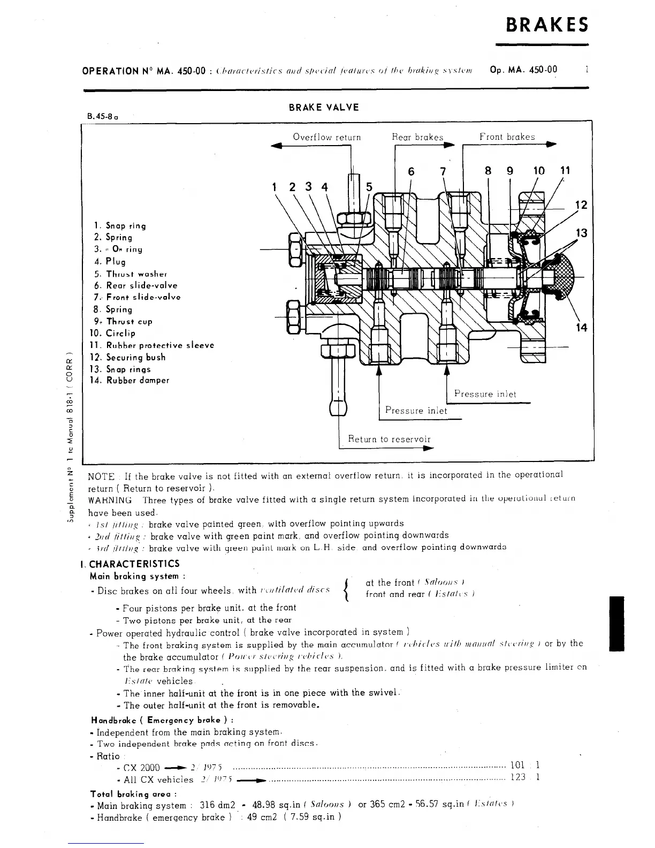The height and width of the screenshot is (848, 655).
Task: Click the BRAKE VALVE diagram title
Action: pos(324,107)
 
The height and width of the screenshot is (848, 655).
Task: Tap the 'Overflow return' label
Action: pos(326,137)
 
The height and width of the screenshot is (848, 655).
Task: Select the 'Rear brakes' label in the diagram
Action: pos(417,137)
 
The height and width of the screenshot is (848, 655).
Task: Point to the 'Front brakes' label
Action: pos(507,137)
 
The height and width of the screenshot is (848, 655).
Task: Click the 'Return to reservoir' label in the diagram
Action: pos(389,439)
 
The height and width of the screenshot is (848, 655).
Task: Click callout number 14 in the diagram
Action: pos(581,327)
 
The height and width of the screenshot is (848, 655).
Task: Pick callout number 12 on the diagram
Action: pos(581,205)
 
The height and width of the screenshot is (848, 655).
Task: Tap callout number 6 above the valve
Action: pos(411,171)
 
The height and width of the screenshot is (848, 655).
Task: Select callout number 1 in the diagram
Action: pos(275,187)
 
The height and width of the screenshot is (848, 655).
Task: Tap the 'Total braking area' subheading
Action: pos(134,794)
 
